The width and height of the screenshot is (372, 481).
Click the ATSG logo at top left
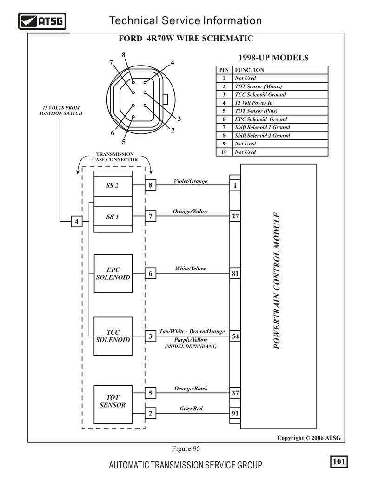42,21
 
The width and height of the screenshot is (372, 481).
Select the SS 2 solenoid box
113,185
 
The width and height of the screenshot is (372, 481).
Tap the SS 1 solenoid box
113,217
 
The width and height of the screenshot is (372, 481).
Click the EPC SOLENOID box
113,273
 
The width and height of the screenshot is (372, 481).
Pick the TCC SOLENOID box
113,336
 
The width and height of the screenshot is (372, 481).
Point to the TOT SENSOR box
113,404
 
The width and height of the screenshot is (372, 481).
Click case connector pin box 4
77,221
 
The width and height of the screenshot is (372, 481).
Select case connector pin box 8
150,185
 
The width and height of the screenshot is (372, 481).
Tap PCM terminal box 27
235,216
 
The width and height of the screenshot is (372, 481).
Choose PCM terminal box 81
235,273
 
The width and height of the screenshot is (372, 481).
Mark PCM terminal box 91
235,413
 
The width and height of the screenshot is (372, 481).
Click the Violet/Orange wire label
191,181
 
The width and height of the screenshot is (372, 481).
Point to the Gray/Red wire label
191,409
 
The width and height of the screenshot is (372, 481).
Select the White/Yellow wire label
191,269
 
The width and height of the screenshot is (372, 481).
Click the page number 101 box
339,461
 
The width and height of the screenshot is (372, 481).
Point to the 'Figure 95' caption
186,448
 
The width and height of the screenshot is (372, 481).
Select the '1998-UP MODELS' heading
274,58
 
